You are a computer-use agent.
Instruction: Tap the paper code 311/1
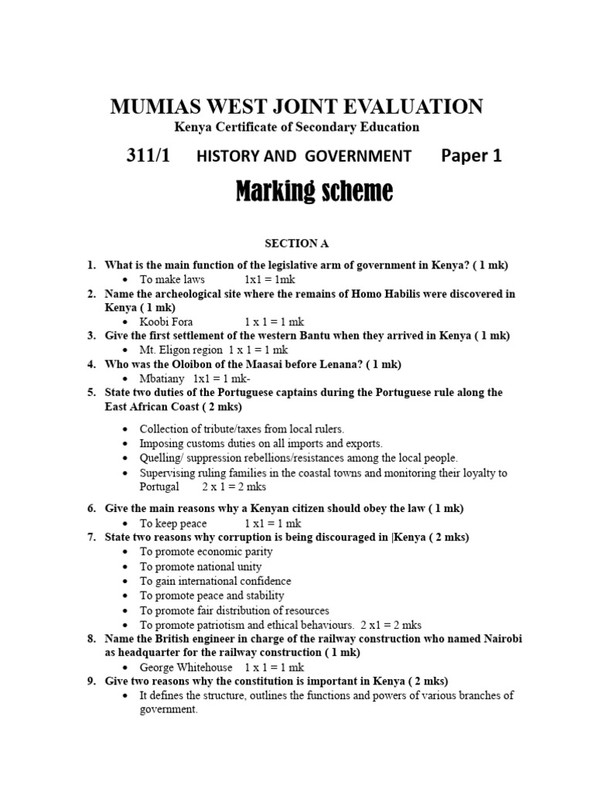pyautogui.click(x=148, y=155)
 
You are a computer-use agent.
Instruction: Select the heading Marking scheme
pyautogui.click(x=314, y=190)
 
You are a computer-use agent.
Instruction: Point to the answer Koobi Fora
pyautogui.click(x=166, y=322)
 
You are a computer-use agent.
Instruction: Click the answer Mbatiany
pyautogui.click(x=162, y=378)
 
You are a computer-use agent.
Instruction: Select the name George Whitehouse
pyautogui.click(x=186, y=667)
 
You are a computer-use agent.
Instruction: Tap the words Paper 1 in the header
pyautogui.click(x=471, y=155)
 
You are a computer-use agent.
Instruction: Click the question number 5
pyautogui.click(x=90, y=392)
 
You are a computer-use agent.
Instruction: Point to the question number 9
pyautogui.click(x=90, y=681)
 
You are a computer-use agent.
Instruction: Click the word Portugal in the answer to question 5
pyautogui.click(x=159, y=487)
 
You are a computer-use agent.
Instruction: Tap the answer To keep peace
pyautogui.click(x=173, y=523)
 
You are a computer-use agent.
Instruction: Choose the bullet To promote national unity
pyautogui.click(x=200, y=566)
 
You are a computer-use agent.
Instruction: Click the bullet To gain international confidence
pyautogui.click(x=215, y=581)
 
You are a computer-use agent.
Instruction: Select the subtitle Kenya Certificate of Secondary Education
pyautogui.click(x=297, y=127)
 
